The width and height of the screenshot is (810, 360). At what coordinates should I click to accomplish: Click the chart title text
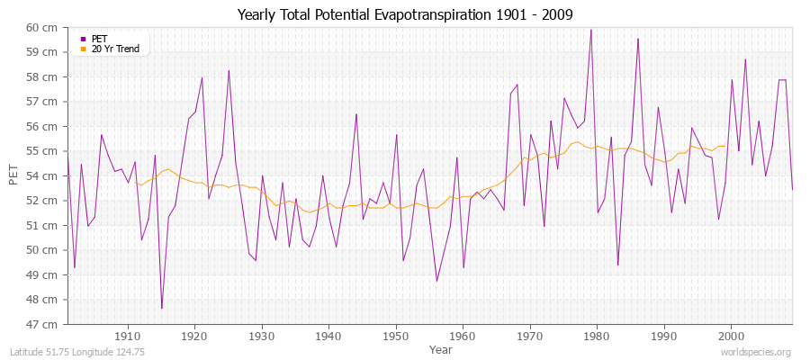point(404,14)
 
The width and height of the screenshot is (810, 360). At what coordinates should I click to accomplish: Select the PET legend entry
point(99,39)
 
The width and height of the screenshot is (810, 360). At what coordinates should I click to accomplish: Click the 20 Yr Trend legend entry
point(115,49)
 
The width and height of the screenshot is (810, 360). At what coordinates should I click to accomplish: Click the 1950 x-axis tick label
point(395,336)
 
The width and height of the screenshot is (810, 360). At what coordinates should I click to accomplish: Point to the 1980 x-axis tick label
point(597,336)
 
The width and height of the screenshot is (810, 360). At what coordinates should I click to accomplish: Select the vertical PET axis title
point(13,175)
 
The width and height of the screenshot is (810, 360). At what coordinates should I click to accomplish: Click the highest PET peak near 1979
point(590,29)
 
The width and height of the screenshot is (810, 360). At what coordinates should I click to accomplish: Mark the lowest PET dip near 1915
point(162,309)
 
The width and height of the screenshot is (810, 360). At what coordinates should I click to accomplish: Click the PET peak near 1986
point(638,39)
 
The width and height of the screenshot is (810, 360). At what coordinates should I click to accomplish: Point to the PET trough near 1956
point(436,281)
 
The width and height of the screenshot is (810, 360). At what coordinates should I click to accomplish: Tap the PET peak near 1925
point(229,70)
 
